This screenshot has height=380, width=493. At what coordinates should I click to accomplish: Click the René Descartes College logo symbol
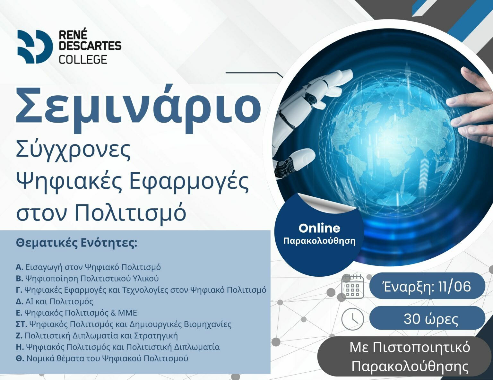coord(35,47)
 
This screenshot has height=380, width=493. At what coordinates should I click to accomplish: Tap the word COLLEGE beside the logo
coord(83,59)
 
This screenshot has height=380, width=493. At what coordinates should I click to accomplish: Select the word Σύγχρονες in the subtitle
coord(73,151)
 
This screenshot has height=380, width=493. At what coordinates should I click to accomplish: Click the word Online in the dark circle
coord(319,228)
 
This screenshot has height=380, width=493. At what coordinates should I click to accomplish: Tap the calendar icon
coord(352,287)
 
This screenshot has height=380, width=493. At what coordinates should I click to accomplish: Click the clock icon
coord(352,319)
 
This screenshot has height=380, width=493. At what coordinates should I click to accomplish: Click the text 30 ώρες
coord(431,319)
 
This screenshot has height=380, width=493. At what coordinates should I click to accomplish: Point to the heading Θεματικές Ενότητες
coord(76,243)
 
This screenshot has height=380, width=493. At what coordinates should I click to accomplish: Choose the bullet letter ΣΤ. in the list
coord(22,324)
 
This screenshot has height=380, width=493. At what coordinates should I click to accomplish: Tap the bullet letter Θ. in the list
coord(20,359)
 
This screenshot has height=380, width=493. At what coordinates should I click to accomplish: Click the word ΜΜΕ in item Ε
coord(127,313)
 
